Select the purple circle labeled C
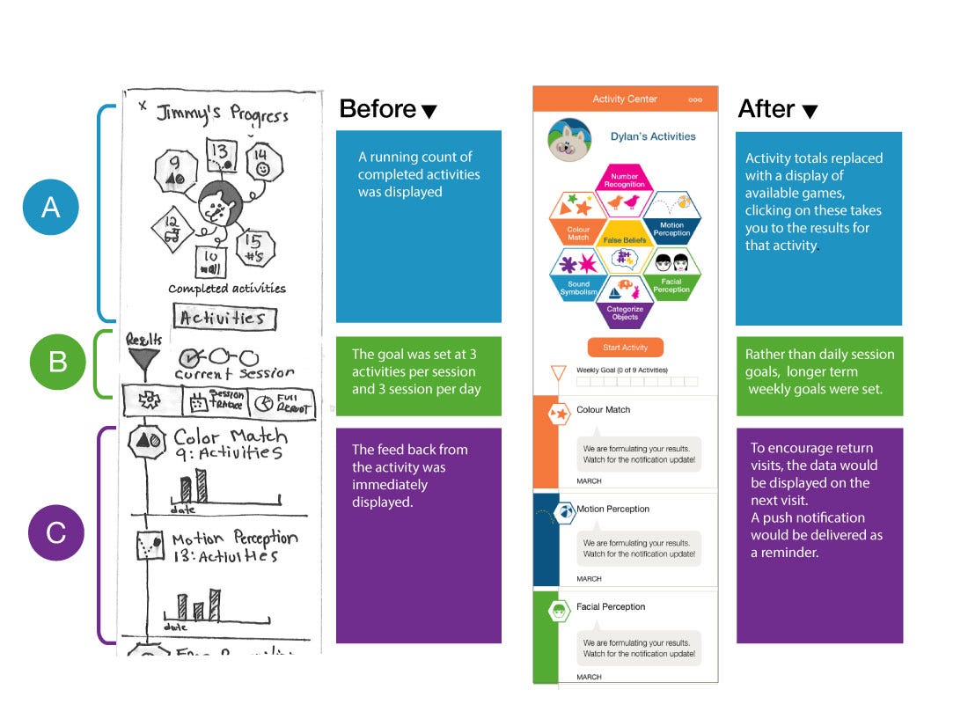(56, 532)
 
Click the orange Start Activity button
(625, 347)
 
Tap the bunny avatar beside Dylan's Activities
(568, 140)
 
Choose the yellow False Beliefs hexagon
(625, 238)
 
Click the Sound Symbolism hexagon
(578, 275)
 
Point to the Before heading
(378, 109)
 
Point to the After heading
(766, 109)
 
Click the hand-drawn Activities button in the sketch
(224, 318)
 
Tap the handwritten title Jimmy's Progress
(222, 114)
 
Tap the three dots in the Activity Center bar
(695, 99)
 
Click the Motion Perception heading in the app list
(612, 509)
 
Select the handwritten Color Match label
(230, 437)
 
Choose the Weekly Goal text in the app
(621, 370)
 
